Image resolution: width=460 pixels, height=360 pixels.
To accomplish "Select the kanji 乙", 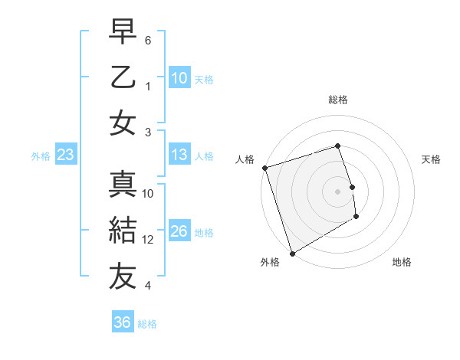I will pos(123,78).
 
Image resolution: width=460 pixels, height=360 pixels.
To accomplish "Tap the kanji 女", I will pos(123,123).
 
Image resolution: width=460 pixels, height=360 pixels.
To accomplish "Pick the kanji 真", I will pos(123,184).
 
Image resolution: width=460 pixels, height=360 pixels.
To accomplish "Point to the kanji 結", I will pos(123,230).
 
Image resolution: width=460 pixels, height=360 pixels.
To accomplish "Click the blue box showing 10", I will pos(179,78).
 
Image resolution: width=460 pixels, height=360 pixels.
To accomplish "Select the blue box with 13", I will pos(179,155).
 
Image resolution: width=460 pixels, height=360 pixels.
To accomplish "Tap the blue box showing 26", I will pos(179,231).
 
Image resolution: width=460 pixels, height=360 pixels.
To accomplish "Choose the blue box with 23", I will pos(65,155).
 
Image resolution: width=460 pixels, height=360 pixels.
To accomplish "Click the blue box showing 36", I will pos(122,322).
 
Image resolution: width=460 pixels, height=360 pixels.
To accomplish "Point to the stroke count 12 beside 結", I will pos(149,240).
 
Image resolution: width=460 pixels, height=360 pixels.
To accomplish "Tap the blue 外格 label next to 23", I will pos(41,156).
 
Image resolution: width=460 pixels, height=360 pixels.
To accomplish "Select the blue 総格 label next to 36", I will pos(147,324).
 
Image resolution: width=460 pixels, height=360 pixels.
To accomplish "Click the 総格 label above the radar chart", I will pos(337,100).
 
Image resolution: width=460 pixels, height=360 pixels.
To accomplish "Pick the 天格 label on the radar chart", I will pos(431,159).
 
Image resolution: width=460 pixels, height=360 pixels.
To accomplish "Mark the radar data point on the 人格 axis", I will pos(264,168).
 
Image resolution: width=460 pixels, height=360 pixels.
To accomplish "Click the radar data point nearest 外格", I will pos(292,253).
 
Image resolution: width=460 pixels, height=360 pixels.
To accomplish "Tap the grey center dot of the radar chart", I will pos(337,191).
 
